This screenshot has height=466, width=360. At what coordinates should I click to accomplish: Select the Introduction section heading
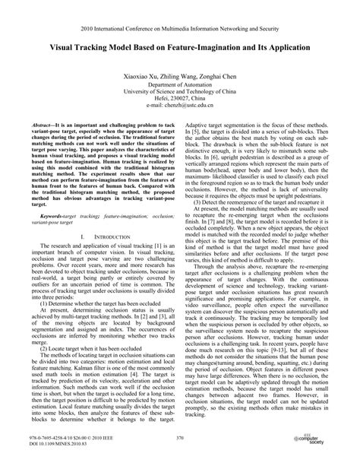coord(99,237)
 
